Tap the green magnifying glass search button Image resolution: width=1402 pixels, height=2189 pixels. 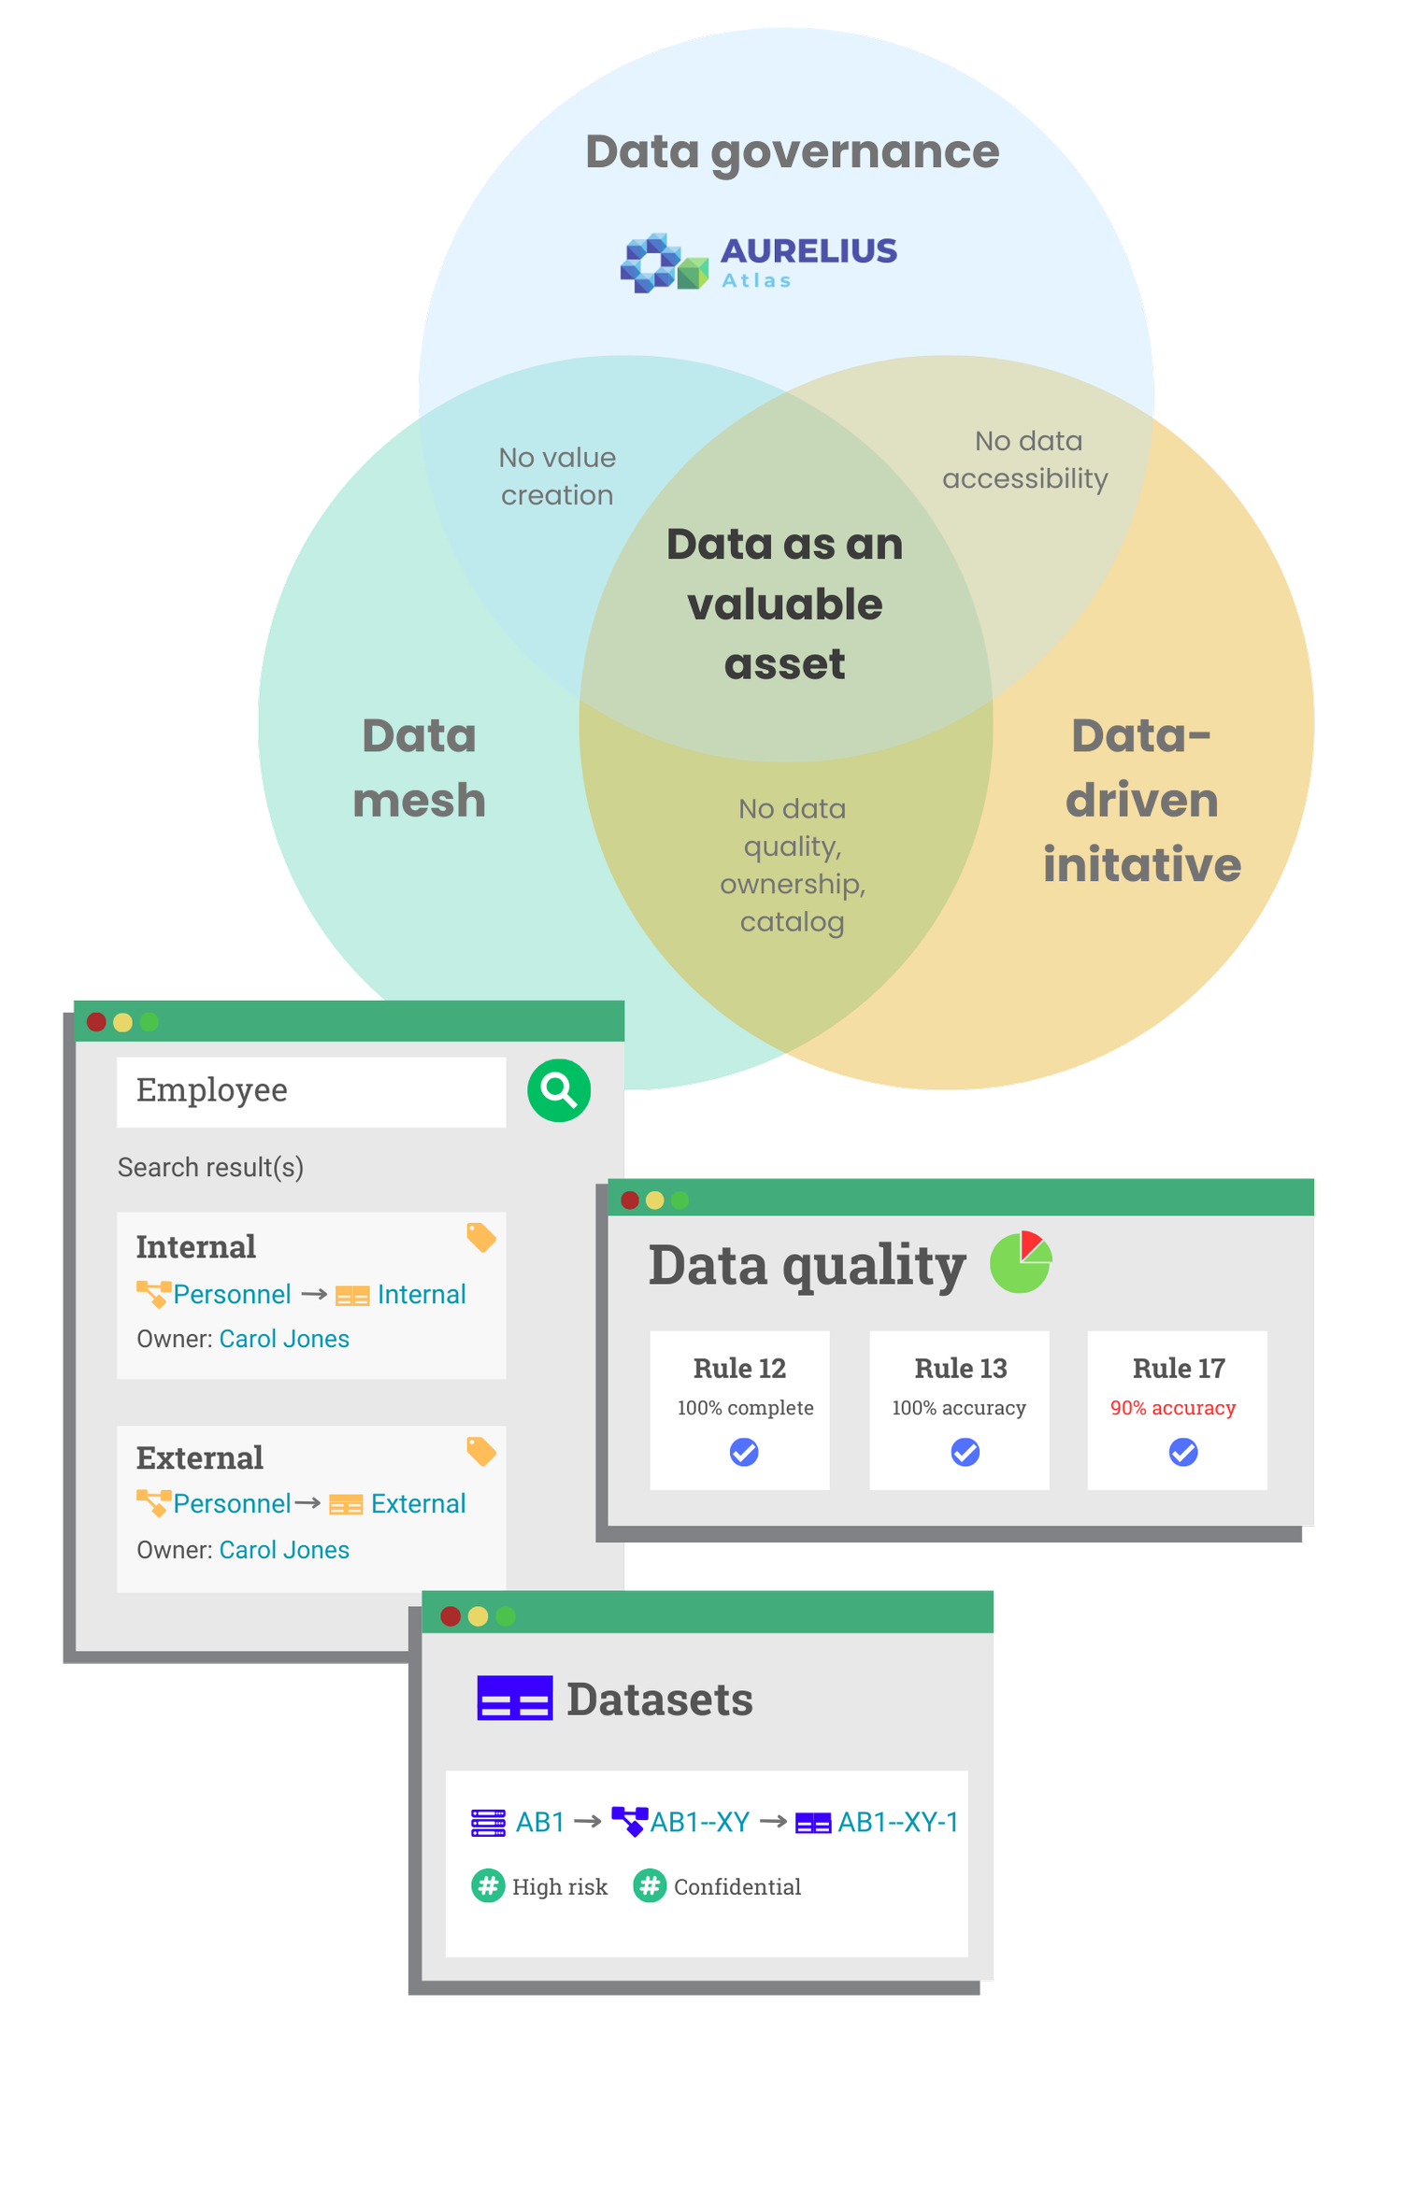pos(559,1090)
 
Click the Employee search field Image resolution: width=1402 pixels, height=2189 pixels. pos(310,1091)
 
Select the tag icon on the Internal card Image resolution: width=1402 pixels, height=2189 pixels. pos(480,1237)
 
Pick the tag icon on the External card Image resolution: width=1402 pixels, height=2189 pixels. pos(480,1451)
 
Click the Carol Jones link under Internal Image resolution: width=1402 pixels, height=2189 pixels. pos(284,1339)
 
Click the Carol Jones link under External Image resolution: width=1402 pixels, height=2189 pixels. pos(284,1550)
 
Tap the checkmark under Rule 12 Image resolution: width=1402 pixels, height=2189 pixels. pos(744,1452)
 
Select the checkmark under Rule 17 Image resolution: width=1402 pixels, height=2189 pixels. pos(1183,1452)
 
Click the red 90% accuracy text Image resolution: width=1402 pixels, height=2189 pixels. pos(1173,1408)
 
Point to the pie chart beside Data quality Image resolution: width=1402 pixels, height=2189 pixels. pos(1021,1262)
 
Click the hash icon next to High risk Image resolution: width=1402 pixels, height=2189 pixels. pos(488,1885)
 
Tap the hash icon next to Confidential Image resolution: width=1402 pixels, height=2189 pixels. pos(650,1885)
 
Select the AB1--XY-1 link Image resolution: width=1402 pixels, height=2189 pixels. pos(897,1822)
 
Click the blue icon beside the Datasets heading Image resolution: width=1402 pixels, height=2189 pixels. pos(514,1698)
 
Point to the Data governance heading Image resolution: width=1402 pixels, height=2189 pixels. pos(792,151)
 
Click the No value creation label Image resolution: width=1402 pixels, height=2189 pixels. pos(557,476)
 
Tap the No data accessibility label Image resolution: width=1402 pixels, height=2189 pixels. pos(1025,460)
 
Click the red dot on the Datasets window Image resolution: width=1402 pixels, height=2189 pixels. pos(451,1616)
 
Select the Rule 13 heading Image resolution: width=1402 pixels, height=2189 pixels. pos(960,1369)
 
